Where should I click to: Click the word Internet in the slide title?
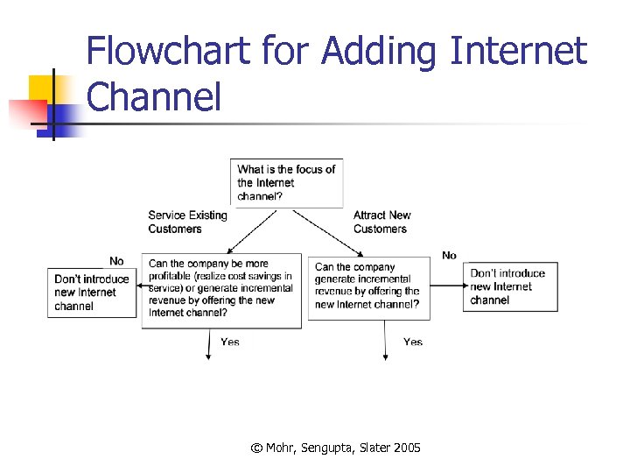[517, 52]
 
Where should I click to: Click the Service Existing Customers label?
[187, 222]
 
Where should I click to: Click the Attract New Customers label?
[381, 222]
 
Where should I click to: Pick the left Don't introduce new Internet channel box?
[93, 293]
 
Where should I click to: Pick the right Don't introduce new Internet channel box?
[508, 286]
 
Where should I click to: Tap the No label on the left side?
[116, 261]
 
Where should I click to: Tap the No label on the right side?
[449, 256]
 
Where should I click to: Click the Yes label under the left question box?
[230, 342]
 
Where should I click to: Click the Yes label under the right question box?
[413, 342]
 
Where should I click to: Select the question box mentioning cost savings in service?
[221, 293]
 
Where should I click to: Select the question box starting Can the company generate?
[368, 286]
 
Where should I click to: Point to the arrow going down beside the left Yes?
[208, 344]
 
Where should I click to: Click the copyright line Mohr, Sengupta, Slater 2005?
[335, 448]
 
